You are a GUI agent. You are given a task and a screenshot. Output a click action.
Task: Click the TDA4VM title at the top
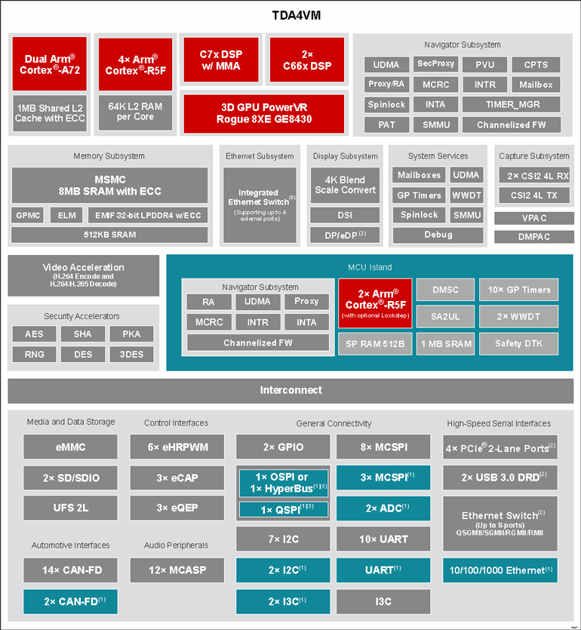click(x=290, y=15)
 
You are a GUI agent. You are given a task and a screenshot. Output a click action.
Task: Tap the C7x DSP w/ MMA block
click(x=220, y=60)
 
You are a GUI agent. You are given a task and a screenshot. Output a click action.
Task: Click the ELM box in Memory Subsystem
click(x=66, y=216)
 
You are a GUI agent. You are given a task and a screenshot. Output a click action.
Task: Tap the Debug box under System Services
click(x=438, y=235)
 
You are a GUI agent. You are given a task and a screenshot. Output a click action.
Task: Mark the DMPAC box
click(x=533, y=237)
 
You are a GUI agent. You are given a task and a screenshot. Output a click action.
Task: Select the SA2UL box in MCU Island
click(x=444, y=317)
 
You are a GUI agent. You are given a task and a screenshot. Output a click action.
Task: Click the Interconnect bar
click(x=290, y=391)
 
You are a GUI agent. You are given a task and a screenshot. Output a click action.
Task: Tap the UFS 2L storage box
click(x=71, y=508)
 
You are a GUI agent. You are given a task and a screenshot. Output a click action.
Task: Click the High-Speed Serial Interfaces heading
click(x=500, y=423)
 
